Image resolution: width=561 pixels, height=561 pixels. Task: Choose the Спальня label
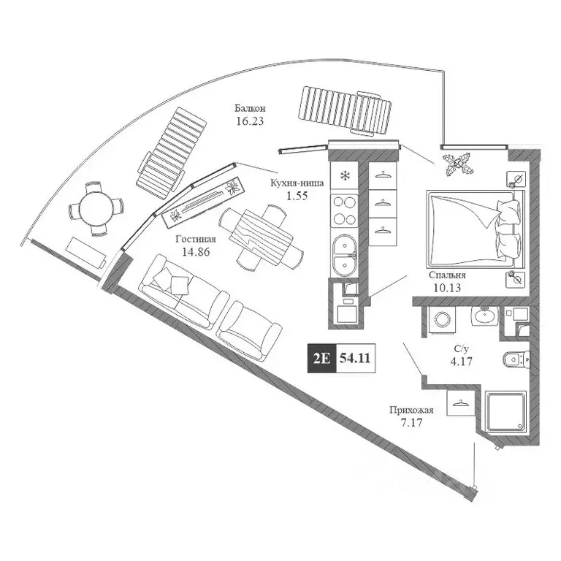click(448, 276)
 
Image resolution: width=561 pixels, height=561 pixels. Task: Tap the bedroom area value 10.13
click(448, 288)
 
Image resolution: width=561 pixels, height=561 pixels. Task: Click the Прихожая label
click(413, 411)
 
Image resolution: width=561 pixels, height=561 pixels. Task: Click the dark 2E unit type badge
click(321, 358)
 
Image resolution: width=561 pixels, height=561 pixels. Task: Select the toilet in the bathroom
click(515, 359)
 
